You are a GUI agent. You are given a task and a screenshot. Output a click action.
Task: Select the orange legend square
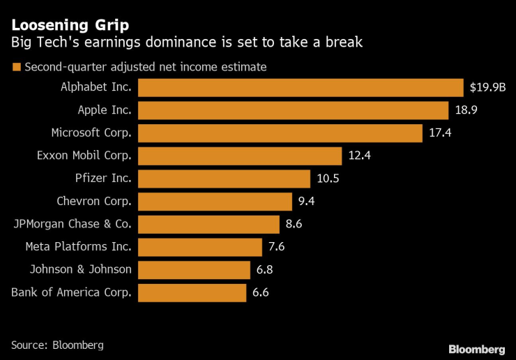pos(15,68)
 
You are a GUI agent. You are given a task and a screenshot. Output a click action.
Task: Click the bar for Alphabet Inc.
pos(301,87)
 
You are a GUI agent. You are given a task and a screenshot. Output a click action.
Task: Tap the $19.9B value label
pos(487,87)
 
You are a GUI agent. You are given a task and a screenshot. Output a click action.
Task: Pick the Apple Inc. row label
pos(104,110)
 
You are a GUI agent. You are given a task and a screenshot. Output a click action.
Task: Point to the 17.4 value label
pos(441,133)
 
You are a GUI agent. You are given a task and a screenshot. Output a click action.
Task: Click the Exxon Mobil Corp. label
pos(84,156)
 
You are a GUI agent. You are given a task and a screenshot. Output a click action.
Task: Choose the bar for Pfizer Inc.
pos(224,179)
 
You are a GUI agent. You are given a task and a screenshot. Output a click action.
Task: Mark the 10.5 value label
pos(328,179)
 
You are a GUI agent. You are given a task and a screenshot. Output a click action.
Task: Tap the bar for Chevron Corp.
pos(215,202)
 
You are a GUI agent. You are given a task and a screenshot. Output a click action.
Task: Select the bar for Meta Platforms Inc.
pos(200,247)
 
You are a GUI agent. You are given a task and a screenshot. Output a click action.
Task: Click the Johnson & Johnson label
pos(80,270)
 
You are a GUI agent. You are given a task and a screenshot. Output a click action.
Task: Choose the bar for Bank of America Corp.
pos(192,293)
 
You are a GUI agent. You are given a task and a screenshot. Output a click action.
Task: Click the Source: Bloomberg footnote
pos(57,345)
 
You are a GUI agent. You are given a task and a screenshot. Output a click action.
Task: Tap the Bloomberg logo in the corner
pos(476,348)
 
